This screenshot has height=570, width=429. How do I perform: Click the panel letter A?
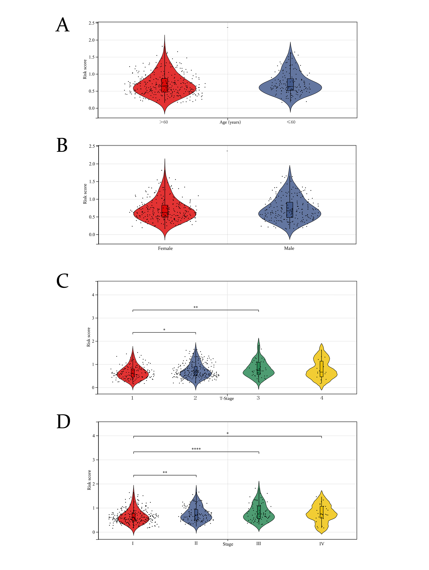pyautogui.click(x=63, y=25)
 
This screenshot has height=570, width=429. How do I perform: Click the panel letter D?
pyautogui.click(x=63, y=422)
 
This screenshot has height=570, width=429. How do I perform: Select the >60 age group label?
pyautogui.click(x=164, y=122)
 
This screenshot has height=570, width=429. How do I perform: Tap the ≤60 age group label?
pyautogui.click(x=291, y=122)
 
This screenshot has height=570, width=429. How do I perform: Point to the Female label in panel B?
pyautogui.click(x=165, y=248)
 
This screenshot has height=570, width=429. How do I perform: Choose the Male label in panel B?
pyautogui.click(x=289, y=248)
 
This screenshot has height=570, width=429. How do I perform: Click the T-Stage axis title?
pyautogui.click(x=227, y=398)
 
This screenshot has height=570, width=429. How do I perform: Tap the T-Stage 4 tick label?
pyautogui.click(x=322, y=398)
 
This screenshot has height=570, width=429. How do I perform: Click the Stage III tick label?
pyautogui.click(x=258, y=544)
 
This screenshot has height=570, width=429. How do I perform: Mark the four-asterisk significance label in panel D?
pyautogui.click(x=196, y=449)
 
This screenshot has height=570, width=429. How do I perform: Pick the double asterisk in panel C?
pyautogui.click(x=196, y=307)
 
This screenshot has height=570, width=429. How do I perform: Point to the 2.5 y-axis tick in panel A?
pyautogui.click(x=92, y=23)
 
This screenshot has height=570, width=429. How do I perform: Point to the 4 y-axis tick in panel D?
pyautogui.click(x=94, y=436)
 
